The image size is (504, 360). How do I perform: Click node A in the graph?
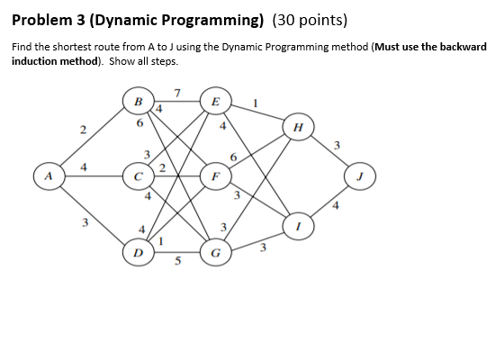43,174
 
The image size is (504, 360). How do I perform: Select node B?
139,101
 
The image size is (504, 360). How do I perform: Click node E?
214,101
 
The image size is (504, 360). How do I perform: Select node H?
295,127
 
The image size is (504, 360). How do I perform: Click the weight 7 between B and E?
177,91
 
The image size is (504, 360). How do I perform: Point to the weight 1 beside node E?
256,101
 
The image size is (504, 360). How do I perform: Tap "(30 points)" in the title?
301,20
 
